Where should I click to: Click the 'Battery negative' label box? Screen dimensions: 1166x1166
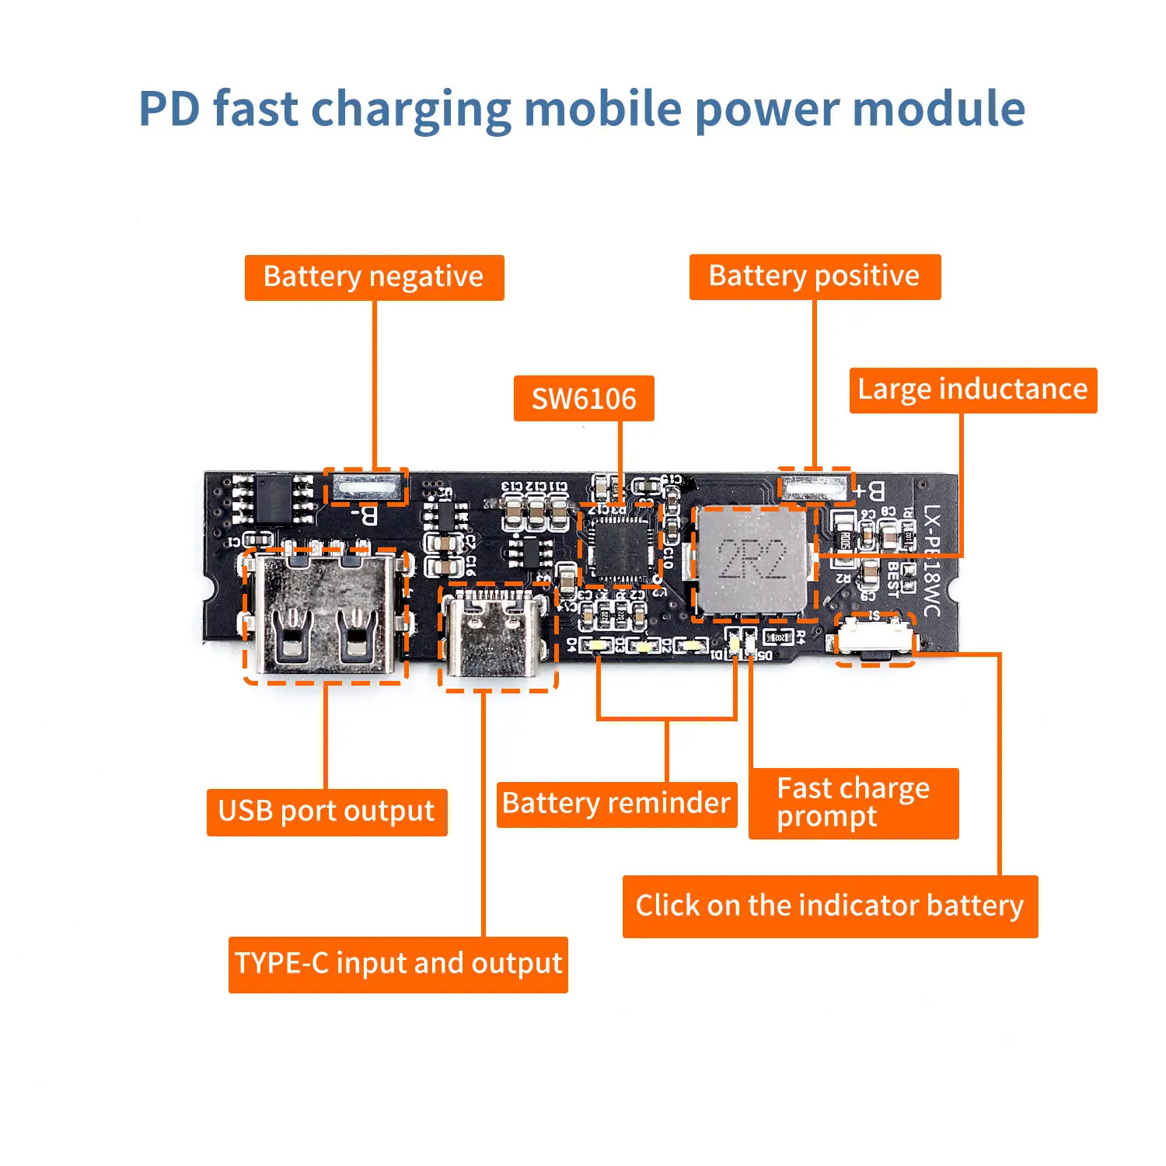(x=374, y=278)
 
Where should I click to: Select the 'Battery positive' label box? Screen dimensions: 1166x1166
(x=815, y=277)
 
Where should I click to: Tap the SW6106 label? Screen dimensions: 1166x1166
(x=584, y=399)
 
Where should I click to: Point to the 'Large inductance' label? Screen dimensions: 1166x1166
(x=972, y=389)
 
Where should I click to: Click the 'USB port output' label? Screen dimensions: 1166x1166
(x=326, y=812)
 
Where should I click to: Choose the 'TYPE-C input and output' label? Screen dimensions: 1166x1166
(x=398, y=964)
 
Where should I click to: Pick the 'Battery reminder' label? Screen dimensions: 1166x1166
(x=616, y=804)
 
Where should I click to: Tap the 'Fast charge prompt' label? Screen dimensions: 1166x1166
(x=853, y=803)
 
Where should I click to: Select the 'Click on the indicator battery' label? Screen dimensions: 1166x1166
(x=829, y=906)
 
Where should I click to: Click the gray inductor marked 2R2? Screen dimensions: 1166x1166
(x=752, y=560)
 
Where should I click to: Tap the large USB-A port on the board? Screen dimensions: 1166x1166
(x=325, y=614)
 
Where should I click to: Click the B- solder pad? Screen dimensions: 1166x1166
(x=366, y=488)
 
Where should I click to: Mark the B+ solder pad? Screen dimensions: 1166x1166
(x=813, y=488)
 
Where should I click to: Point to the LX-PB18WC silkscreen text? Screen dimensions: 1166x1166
(x=932, y=560)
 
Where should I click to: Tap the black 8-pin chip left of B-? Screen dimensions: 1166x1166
(x=273, y=499)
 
